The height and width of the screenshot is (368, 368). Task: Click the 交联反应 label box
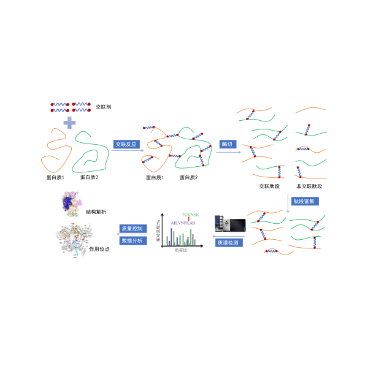(126, 144)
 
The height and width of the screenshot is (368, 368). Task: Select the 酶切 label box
(228, 144)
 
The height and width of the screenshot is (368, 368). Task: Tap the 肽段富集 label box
(305, 201)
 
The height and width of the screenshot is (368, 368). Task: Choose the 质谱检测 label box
(229, 243)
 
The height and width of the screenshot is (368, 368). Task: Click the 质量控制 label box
(132, 228)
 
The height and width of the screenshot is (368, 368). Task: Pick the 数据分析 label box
(132, 240)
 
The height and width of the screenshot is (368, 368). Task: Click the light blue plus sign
(69, 123)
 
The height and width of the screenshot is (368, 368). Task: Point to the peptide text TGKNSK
(190, 215)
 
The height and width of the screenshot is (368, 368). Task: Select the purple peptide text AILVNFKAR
(183, 223)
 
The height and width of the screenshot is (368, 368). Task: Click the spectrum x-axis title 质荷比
(181, 250)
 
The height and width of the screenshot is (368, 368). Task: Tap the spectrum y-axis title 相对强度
(158, 230)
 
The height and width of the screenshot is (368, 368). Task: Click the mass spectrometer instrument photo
(231, 223)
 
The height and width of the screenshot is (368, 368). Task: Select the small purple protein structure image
(71, 203)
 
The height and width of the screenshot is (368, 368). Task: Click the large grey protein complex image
(74, 240)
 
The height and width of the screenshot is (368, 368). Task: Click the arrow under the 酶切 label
(229, 152)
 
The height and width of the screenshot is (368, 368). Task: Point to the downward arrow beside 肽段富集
(288, 204)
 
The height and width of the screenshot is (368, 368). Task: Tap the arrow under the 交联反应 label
(128, 151)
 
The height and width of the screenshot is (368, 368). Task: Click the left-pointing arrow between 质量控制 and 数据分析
(132, 234)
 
